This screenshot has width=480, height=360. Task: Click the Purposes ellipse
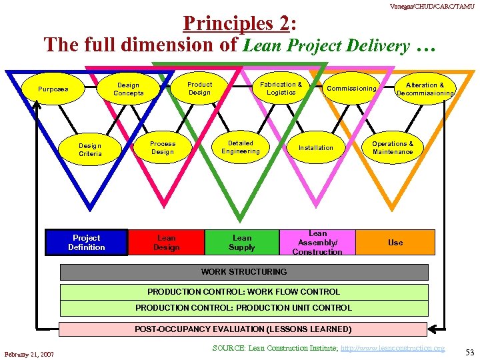coord(53,89)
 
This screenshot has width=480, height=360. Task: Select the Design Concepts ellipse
coord(128,89)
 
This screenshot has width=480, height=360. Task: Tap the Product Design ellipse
coord(199,88)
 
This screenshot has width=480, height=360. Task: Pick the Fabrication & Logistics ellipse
coord(281,88)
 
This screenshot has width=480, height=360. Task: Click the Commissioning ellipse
coord(351,89)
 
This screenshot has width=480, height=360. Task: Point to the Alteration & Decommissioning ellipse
coord(425,89)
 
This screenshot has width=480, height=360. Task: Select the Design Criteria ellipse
coord(90,149)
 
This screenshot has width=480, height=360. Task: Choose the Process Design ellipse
coord(163,147)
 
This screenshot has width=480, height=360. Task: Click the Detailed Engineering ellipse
coord(241,147)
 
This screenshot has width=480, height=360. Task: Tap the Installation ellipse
coord(315,147)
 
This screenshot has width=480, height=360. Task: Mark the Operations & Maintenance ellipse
coord(393,147)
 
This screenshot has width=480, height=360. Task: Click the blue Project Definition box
coord(86,243)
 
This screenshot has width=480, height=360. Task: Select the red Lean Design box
coord(166,243)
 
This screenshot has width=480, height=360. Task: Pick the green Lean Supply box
coord(242,243)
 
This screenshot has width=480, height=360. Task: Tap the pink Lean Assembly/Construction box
coord(317,243)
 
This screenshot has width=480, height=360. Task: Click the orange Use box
coord(395,243)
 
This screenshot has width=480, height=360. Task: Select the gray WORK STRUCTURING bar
coord(244,272)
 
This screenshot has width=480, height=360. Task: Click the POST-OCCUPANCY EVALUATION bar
coord(243,329)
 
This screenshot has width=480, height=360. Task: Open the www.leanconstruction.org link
coord(392,348)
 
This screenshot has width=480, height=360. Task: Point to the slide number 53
coord(469,352)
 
